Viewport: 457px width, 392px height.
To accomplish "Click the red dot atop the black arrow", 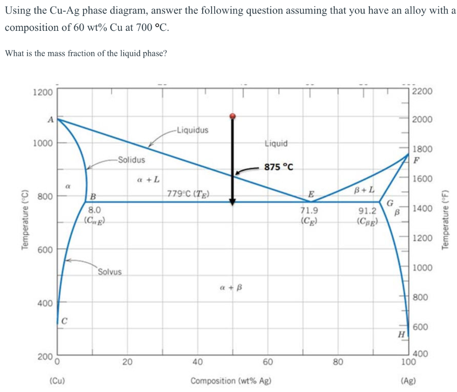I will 232,116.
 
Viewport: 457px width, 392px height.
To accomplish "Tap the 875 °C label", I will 279,167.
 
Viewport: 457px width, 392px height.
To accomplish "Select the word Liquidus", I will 192,130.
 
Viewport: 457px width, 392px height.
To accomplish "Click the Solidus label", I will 131,160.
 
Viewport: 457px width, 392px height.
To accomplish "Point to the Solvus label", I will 109,271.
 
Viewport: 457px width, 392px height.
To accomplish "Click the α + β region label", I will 231,286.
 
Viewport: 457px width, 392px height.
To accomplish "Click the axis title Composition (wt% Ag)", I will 230,381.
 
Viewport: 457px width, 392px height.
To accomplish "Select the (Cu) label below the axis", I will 57,381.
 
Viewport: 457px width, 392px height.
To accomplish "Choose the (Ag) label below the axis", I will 408,381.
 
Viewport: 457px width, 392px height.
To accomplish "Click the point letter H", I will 401,334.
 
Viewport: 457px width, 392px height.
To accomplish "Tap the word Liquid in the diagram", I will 276,143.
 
